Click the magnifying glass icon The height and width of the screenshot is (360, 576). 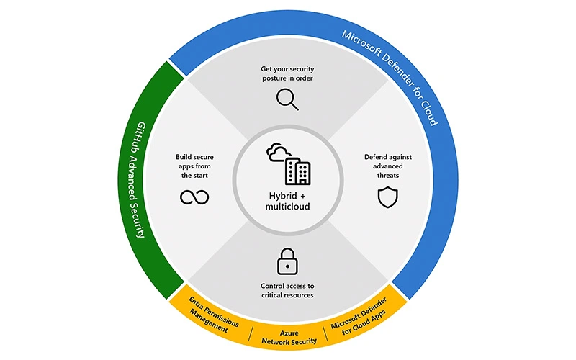[287, 99]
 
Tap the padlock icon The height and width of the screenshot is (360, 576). [287, 261]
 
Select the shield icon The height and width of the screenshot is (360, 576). [387, 197]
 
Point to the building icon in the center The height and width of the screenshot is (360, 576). [298, 171]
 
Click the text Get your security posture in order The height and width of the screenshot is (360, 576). [287, 74]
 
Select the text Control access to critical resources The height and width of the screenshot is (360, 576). [287, 291]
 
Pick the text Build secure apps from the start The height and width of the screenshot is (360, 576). [193, 165]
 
